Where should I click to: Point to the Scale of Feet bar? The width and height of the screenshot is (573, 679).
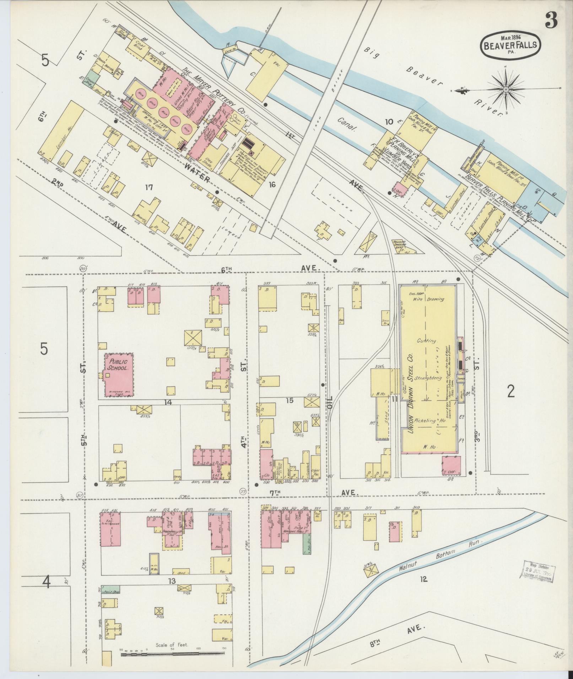pyautogui.click(x=173, y=653)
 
